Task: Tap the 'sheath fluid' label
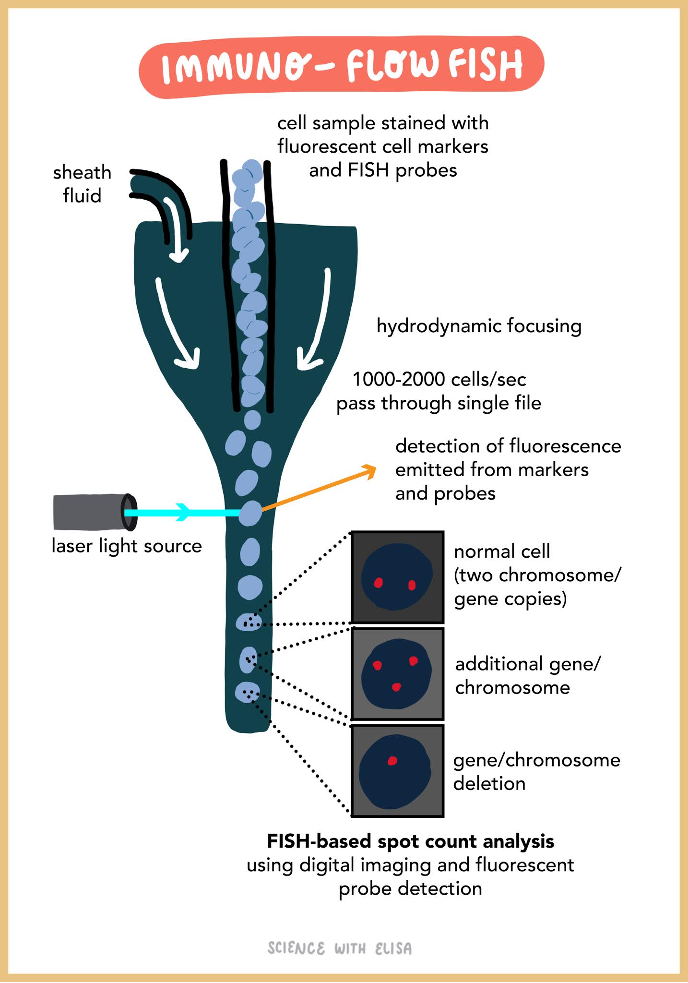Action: click(82, 184)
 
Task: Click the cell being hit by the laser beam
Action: click(250, 514)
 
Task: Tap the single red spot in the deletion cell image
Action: click(392, 761)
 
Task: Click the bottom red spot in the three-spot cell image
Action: click(396, 687)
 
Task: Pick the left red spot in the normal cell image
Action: click(378, 583)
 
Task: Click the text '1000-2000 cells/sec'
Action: click(439, 379)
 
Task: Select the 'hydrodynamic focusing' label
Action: click(478, 326)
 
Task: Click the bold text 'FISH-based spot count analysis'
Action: click(410, 841)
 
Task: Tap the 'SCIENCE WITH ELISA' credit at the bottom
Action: click(339, 948)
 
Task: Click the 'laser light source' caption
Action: click(127, 546)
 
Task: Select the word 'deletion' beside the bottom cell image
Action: click(489, 784)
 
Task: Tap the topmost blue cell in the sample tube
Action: click(252, 171)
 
